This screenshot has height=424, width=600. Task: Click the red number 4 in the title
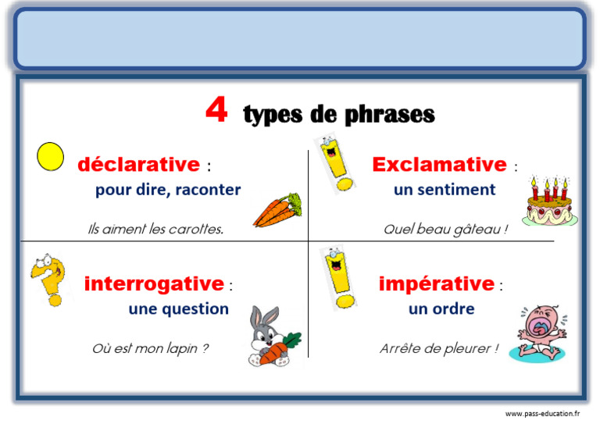[x=216, y=111]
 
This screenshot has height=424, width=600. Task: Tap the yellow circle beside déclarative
[x=51, y=157]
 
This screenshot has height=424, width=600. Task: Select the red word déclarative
[x=138, y=165]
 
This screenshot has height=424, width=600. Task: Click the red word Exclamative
[x=439, y=165]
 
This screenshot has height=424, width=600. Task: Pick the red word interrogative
[x=154, y=283]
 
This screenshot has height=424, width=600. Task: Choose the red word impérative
[x=436, y=283]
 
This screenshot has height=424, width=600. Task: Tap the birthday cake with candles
[x=549, y=202]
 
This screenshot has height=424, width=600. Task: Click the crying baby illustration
[x=540, y=332]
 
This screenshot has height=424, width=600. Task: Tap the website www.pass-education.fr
[x=542, y=413]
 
